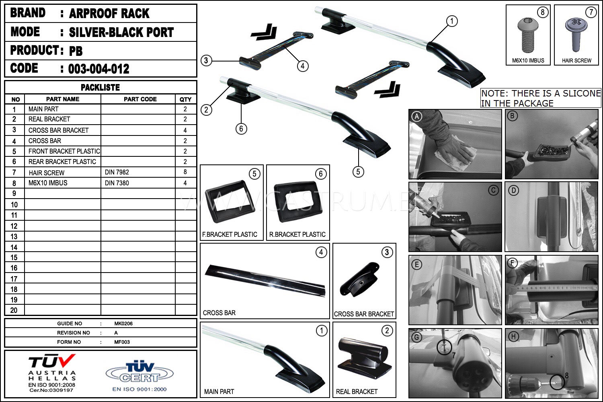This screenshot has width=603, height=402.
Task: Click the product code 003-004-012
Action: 98,69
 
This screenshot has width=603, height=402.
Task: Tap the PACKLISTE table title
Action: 100,88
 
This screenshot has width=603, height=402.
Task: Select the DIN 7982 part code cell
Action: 117,172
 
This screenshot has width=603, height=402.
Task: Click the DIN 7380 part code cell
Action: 117,183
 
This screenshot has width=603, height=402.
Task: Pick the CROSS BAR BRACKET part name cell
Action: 58,130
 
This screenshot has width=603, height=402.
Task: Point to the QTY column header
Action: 185,99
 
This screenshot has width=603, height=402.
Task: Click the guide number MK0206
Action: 123,323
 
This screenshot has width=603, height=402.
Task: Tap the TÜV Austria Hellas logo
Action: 52,373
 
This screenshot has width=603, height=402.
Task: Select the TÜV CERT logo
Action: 139,375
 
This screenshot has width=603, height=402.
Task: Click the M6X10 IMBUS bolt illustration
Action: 527,35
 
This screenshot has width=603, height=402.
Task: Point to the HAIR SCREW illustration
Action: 576,35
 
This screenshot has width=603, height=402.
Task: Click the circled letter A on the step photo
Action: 417,117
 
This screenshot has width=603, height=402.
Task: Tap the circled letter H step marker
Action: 513,336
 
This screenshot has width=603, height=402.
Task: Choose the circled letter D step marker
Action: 513,191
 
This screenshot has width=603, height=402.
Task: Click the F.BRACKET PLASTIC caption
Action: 230,234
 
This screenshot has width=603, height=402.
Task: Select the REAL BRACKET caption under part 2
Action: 357,392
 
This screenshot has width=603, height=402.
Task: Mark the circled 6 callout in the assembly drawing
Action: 241,129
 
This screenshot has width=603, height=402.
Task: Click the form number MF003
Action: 122,342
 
